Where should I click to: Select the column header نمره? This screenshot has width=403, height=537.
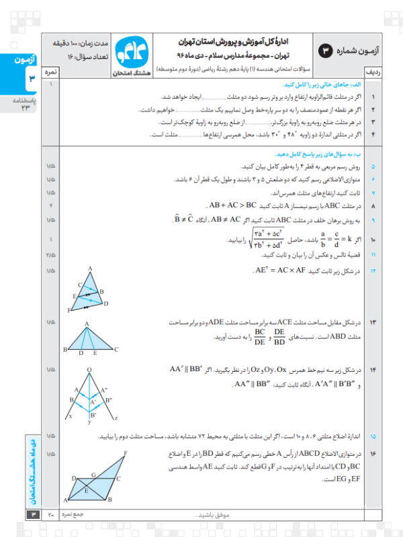click(x=50, y=71)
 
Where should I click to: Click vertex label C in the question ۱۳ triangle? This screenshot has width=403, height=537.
click(x=117, y=350)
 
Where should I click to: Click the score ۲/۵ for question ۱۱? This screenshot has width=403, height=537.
click(x=50, y=256)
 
